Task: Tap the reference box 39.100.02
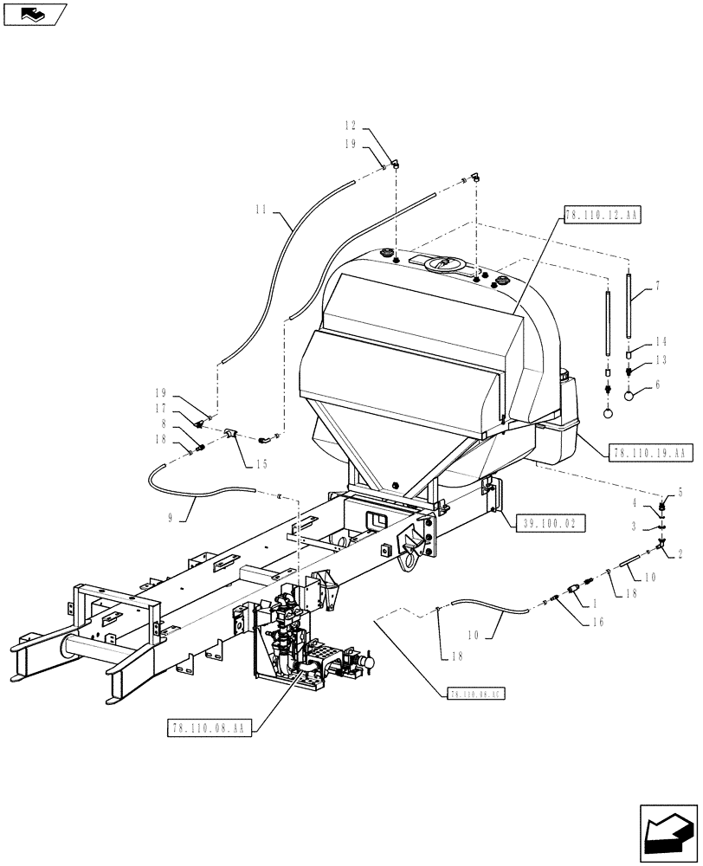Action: coord(551,522)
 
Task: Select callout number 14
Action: coord(661,343)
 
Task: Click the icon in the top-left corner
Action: coord(35,13)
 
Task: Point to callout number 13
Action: coord(661,359)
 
